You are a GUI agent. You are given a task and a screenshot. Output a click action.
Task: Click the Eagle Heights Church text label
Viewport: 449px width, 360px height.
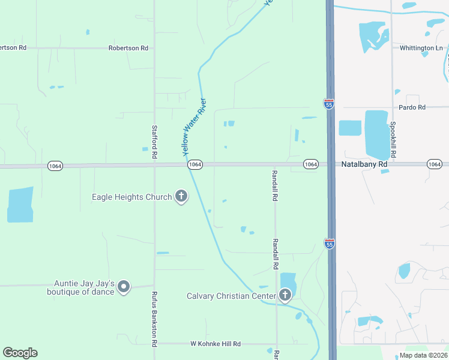point(131,197)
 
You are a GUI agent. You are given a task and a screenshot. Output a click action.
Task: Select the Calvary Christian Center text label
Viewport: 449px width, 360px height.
point(231,296)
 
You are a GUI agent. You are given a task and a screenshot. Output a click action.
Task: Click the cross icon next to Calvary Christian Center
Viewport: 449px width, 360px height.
point(285,295)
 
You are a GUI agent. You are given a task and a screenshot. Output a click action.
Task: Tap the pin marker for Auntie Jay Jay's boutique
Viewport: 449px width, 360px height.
point(124,287)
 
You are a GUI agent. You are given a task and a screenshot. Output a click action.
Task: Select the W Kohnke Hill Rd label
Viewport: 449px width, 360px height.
point(215,344)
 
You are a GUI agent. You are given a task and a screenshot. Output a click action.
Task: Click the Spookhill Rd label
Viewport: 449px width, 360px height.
point(393,140)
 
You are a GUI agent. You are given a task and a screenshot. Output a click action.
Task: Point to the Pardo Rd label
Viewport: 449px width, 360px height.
point(412,107)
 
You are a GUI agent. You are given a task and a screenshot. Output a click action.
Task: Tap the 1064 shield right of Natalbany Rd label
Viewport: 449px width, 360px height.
point(435,164)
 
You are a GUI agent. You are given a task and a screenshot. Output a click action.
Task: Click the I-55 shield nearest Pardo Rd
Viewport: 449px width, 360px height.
point(328,104)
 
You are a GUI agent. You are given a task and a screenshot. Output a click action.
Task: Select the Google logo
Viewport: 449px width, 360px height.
point(20,353)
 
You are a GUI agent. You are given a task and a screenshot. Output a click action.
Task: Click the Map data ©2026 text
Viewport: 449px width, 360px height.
point(423,355)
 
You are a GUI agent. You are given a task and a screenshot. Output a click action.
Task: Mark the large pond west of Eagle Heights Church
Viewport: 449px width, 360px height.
point(20,205)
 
